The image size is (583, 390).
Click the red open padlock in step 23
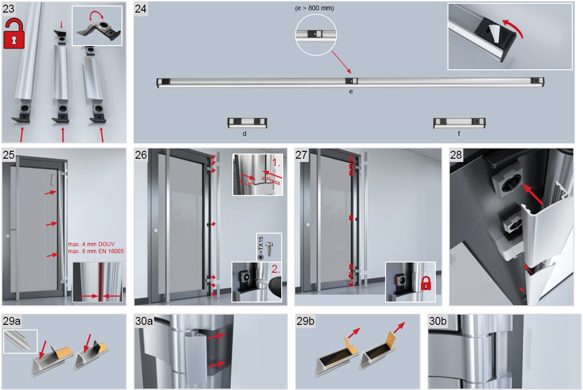pos(14,34)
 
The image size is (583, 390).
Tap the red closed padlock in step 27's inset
pos(426,283)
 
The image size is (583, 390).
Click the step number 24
pos(141,9)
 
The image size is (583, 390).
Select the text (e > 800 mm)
pos(314,8)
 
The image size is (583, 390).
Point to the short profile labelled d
pos(247,123)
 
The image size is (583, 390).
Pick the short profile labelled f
pos(460,123)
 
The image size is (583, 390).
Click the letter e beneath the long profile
pos(351,92)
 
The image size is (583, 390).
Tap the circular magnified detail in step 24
pos(316,34)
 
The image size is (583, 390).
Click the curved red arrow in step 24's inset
pos(513,28)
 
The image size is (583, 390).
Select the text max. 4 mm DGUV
pos(91,244)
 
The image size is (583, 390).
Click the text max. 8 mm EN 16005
pos(96,251)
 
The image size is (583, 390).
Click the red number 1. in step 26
pos(276,162)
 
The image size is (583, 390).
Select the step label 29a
pos(12,321)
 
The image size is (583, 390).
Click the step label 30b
pos(438,321)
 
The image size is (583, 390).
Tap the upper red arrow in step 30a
pos(216,336)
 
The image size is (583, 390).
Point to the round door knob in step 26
pos(156,230)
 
